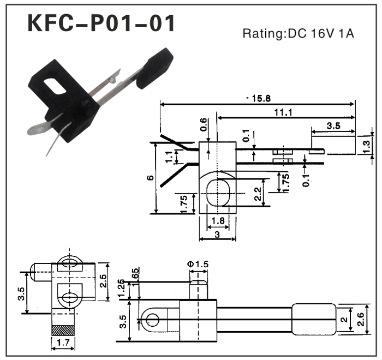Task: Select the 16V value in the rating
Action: click(x=321, y=34)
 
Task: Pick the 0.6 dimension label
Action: click(x=204, y=124)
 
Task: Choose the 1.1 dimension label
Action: click(x=169, y=157)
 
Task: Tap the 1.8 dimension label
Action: click(x=217, y=221)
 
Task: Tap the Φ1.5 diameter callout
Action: click(x=198, y=264)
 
